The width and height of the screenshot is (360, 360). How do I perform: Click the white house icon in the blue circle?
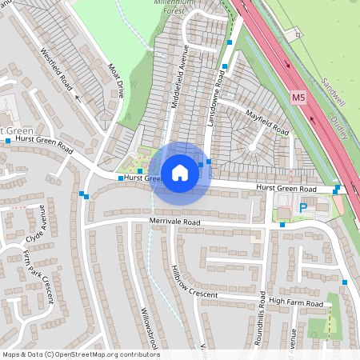(x=180, y=172)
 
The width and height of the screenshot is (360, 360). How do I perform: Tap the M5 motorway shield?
(x=298, y=98)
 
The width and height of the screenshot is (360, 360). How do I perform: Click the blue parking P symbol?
(x=303, y=208)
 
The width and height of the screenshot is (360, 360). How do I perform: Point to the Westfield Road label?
(x=56, y=70)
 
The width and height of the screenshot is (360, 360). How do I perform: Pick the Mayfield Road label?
(x=266, y=121)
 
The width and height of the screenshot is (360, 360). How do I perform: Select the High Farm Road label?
(x=295, y=302)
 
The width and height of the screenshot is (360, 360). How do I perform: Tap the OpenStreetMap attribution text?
(x=81, y=354)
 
